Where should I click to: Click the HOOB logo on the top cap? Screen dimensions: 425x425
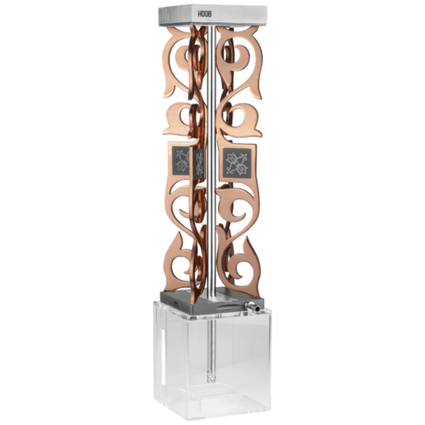(205, 14)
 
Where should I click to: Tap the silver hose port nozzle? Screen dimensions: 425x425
(252, 307)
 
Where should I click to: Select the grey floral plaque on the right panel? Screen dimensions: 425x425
(237, 161)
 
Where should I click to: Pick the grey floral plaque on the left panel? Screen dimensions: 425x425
(181, 161)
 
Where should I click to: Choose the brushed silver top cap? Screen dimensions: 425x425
(212, 15)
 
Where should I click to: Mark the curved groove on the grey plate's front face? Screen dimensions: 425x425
(227, 307)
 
